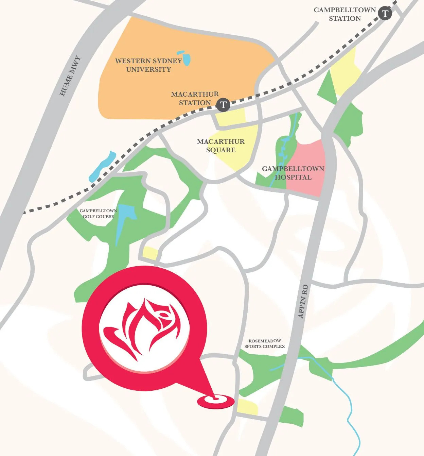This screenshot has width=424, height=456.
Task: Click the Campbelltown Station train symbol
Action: pos(385,14)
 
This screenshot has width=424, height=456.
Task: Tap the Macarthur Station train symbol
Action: pos(223,104)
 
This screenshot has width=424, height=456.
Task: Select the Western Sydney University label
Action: pos(148,65)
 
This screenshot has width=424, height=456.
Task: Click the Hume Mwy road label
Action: pos(70,76)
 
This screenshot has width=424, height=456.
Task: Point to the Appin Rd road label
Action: pos(303,301)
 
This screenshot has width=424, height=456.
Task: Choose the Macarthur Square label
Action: pos(221,146)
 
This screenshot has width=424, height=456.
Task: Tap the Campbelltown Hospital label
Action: pos(293,173)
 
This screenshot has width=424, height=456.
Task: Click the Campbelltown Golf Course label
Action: pos(98,214)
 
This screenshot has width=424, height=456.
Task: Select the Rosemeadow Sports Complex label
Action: pos(265,343)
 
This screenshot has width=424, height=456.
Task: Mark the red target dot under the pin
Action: pos(216,399)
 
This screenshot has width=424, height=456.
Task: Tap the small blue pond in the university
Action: pos(185,58)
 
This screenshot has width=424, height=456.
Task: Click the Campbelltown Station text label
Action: pos(344,14)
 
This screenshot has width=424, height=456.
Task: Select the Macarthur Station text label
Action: pos(195,98)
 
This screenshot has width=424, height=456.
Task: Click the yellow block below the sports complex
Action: pos(247,407)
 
